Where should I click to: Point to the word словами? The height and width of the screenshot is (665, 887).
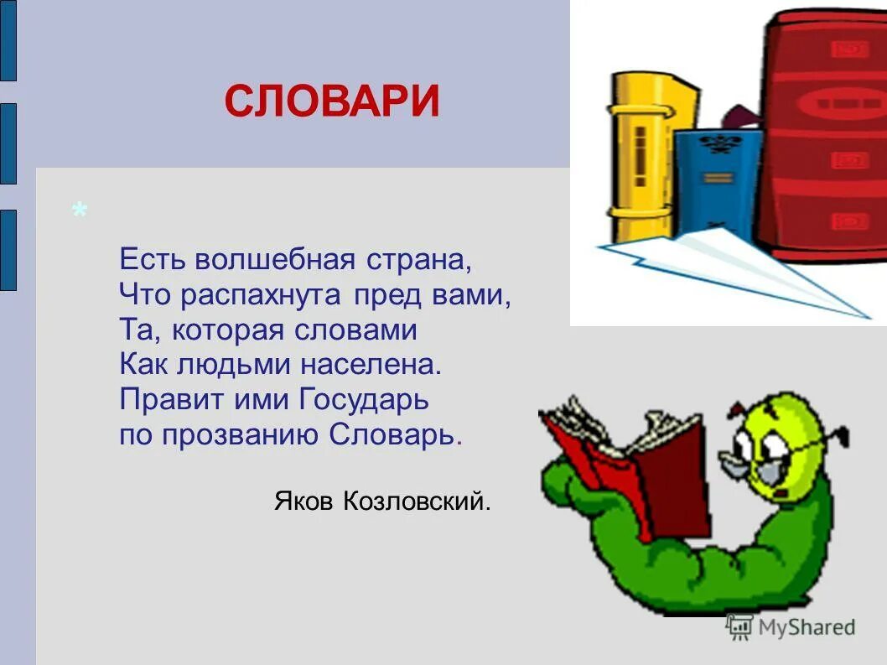(x=355, y=330)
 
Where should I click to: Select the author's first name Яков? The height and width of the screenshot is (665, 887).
(x=304, y=501)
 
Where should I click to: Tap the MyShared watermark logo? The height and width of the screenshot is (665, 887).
(x=791, y=626)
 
